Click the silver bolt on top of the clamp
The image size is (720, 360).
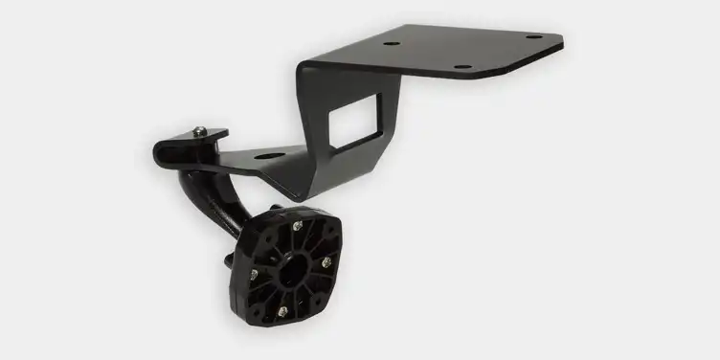coord(198,131)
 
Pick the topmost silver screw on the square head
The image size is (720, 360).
coord(298,226)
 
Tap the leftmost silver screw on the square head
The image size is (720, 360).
coord(254,275)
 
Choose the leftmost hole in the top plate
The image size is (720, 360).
coord(391,43)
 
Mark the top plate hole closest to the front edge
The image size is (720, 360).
coord(462,67)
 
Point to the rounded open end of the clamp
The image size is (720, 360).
coord(160,151)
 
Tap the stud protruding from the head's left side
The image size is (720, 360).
coord(230,258)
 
